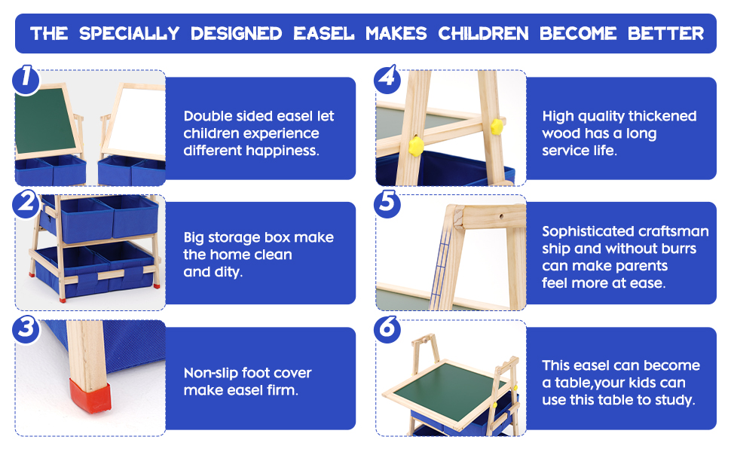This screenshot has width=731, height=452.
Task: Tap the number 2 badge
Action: coord(26,203)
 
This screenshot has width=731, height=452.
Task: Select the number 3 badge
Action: coord(26,329)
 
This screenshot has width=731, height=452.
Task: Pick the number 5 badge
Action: coord(387,203)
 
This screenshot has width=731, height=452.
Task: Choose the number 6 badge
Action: coord(387,329)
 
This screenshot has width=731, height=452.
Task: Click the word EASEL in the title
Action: coord(323,34)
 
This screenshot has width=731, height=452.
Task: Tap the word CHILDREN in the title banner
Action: coord(484,34)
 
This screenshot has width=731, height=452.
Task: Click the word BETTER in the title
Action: coord(665,34)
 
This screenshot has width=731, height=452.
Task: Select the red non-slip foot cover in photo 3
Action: coord(90,395)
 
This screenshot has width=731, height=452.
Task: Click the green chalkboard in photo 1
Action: coord(46,121)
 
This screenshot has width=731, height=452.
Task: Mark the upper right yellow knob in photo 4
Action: coord(497,126)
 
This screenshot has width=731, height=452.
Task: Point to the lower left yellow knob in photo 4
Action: coord(416,146)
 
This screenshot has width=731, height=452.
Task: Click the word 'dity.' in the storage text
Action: coord(229,272)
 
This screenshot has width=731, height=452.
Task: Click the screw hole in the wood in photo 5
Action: coord(502,216)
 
